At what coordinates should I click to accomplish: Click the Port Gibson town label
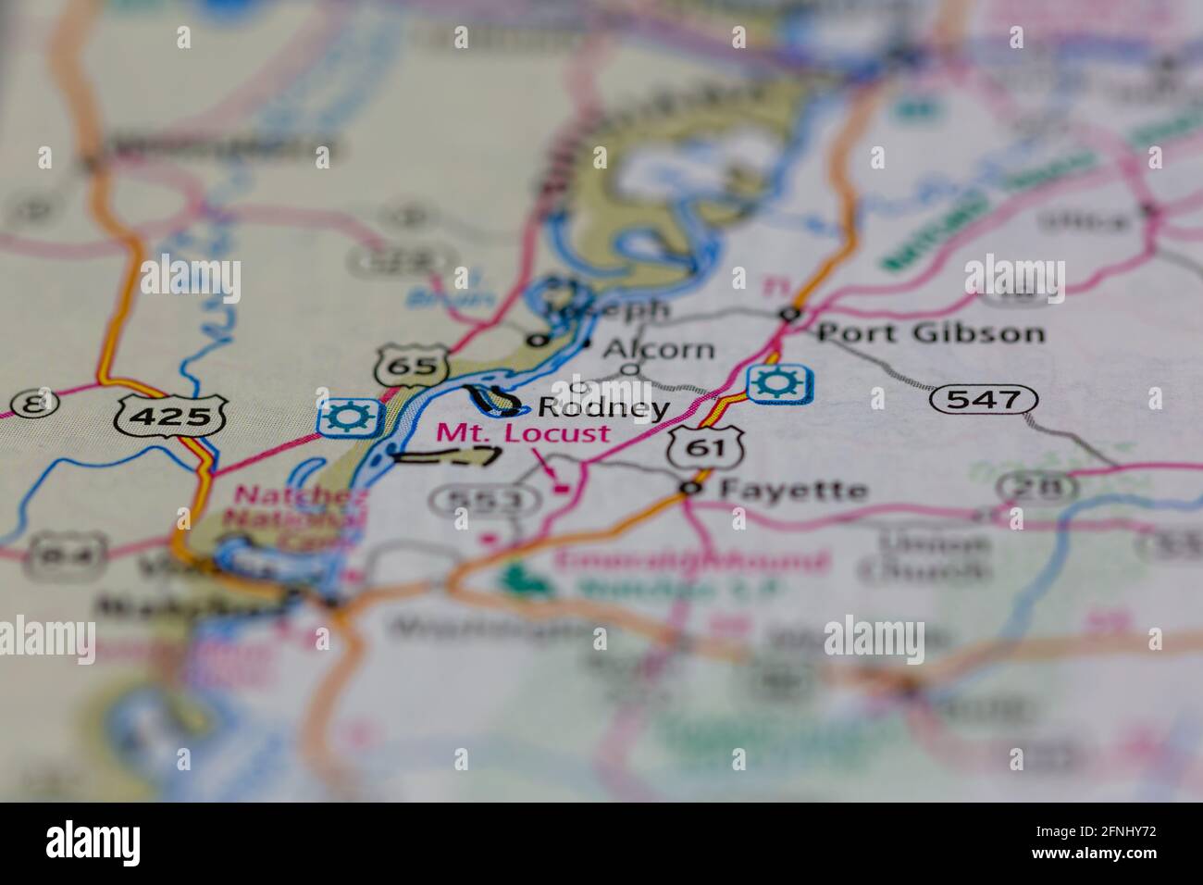coord(930,332)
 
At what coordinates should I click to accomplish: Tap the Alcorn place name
coord(659,349)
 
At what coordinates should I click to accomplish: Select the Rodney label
coord(603,407)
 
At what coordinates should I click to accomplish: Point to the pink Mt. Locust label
coord(523,432)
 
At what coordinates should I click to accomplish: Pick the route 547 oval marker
coord(983,400)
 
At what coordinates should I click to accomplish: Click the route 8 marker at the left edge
coord(34,403)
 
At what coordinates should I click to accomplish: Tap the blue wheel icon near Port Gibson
coord(780,384)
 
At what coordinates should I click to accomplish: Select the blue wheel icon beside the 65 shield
coord(348,418)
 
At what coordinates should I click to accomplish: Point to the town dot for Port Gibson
coord(789,314)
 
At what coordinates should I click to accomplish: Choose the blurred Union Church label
coord(924,555)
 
